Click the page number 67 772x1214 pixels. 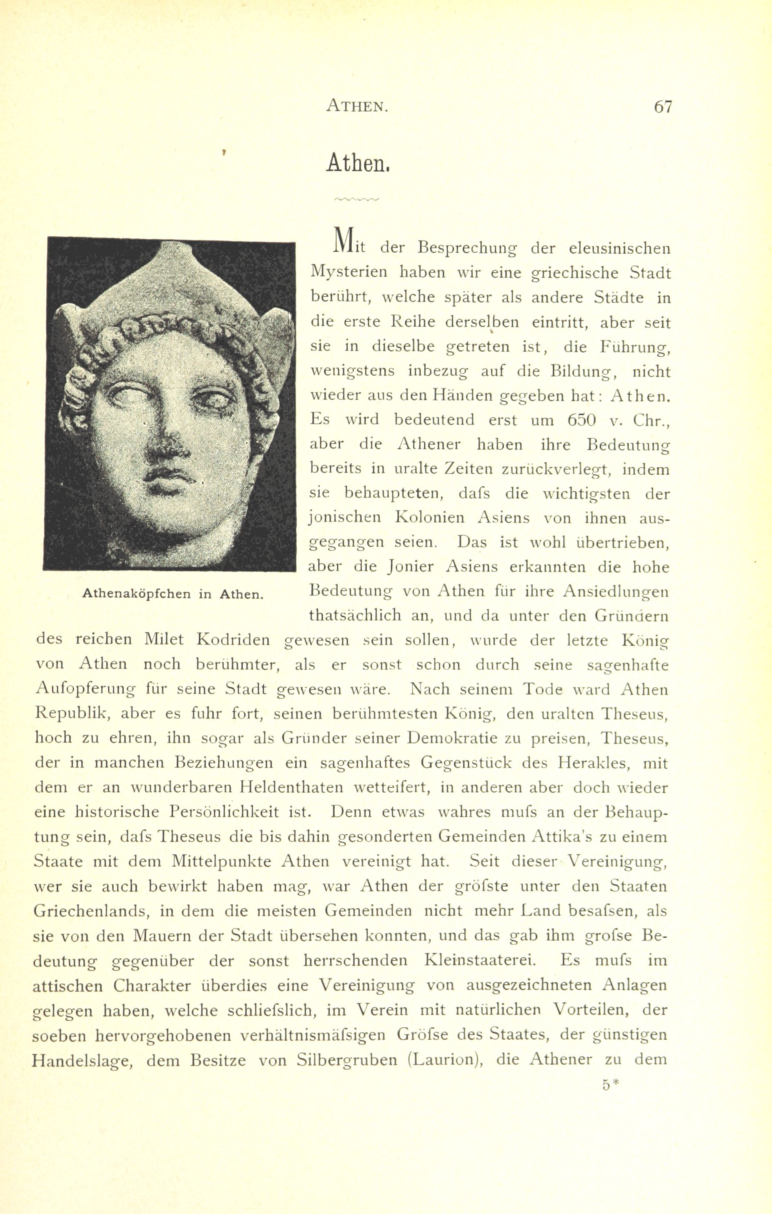pyautogui.click(x=663, y=107)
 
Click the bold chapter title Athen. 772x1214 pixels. pyautogui.click(x=358, y=163)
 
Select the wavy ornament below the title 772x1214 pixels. pyautogui.click(x=356, y=200)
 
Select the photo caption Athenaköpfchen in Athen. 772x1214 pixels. pyautogui.click(x=173, y=593)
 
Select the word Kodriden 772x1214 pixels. pyautogui.click(x=233, y=640)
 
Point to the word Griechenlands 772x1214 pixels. pyautogui.click(x=89, y=911)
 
